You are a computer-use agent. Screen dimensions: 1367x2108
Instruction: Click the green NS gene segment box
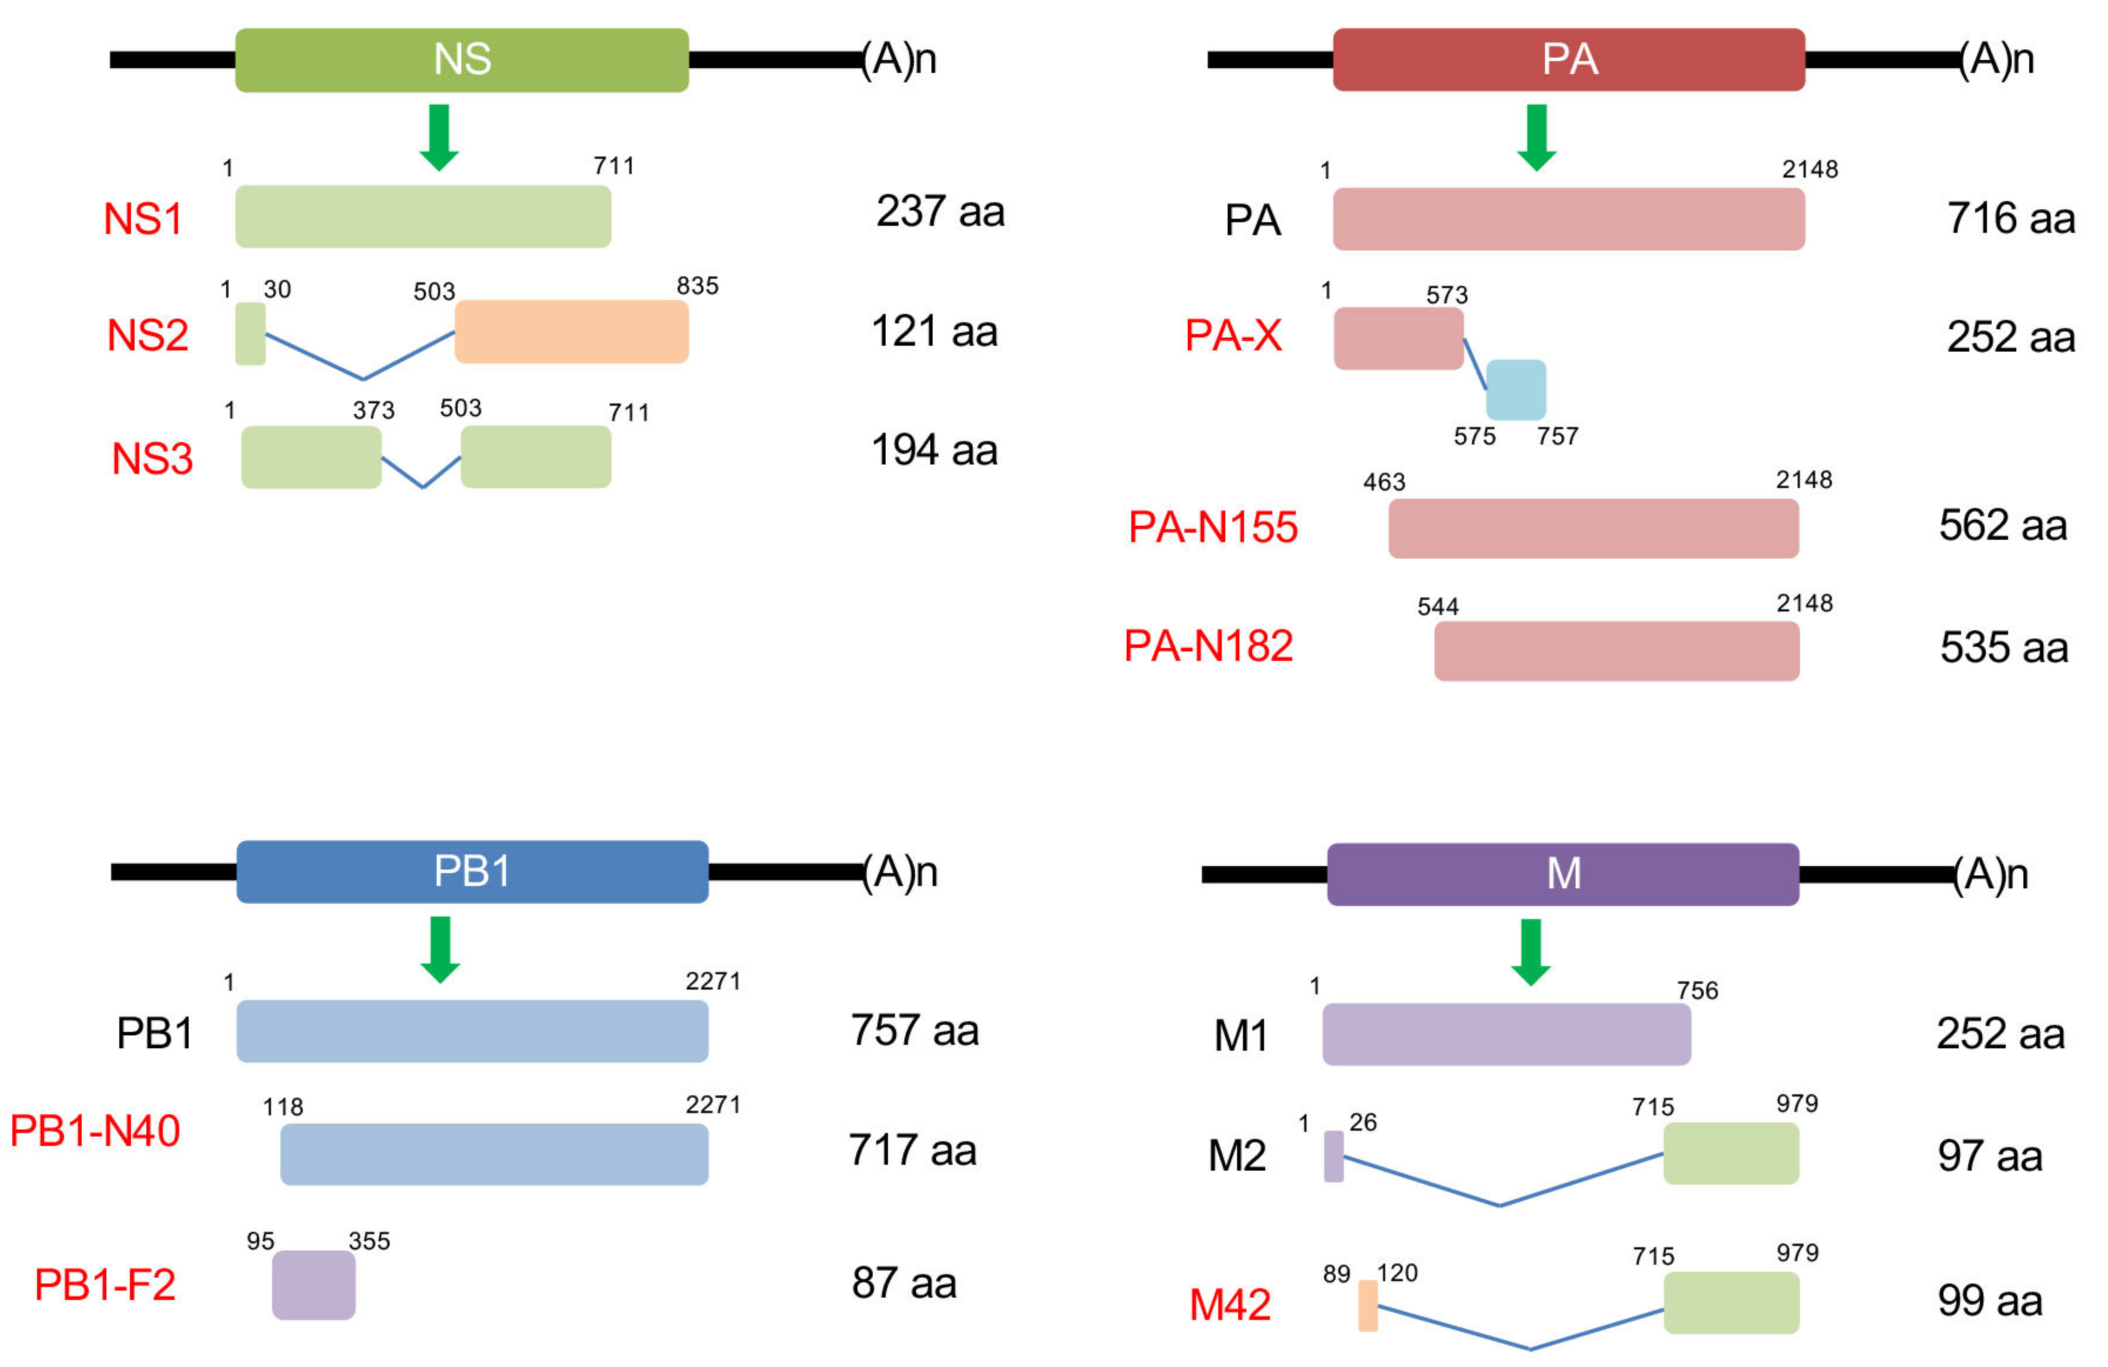[x=461, y=60]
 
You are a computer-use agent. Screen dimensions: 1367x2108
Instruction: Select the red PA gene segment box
[x=1568, y=60]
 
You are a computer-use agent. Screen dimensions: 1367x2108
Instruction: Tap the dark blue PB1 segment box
[x=472, y=872]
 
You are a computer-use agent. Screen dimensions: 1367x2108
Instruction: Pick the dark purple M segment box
[x=1563, y=874]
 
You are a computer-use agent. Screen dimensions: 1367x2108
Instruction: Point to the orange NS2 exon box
[x=571, y=332]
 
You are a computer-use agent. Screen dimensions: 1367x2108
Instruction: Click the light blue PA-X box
[x=1516, y=390]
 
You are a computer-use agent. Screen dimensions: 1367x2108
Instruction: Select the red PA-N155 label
[x=1212, y=527]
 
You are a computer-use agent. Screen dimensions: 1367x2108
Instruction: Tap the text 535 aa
[x=2003, y=647]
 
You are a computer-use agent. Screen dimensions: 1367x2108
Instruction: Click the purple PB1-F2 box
[x=314, y=1285]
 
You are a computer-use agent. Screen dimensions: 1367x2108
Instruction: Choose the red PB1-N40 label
[x=95, y=1131]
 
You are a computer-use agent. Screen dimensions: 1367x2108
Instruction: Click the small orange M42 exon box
[x=1368, y=1305]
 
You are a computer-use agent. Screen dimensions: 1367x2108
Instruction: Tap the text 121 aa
[x=934, y=332]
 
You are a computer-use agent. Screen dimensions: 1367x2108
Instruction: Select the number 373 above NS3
[x=373, y=410]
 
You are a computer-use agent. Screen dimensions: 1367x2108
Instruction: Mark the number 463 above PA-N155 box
[x=1383, y=482]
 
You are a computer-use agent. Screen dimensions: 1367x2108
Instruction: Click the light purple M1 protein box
[x=1506, y=1034]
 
